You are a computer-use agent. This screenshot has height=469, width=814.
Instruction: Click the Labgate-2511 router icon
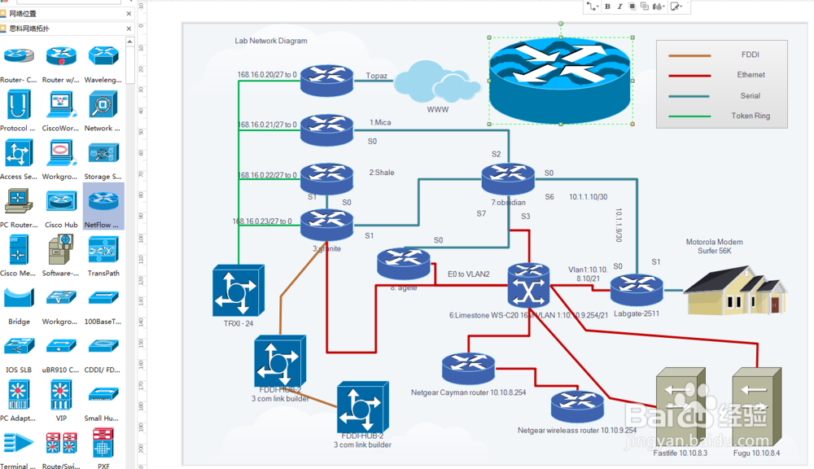tap(636, 288)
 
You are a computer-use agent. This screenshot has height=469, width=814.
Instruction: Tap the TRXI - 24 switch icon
tap(239, 291)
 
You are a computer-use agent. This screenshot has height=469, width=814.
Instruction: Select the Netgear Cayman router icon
tap(469, 368)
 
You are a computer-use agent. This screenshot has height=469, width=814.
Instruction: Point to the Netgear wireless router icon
tap(576, 405)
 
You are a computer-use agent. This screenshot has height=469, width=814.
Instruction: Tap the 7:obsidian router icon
tap(507, 178)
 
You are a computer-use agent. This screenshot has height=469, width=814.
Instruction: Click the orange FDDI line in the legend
tap(689, 55)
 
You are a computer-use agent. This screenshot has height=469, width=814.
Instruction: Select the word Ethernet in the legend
tap(751, 75)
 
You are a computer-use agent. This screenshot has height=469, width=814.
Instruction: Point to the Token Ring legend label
tap(750, 116)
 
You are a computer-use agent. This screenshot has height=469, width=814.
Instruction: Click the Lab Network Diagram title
tap(271, 41)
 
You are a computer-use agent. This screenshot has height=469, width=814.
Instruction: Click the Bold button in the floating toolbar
tap(607, 7)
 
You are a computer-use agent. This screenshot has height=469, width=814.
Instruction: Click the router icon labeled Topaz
tap(326, 79)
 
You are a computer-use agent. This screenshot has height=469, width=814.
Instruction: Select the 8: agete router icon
tap(403, 261)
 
